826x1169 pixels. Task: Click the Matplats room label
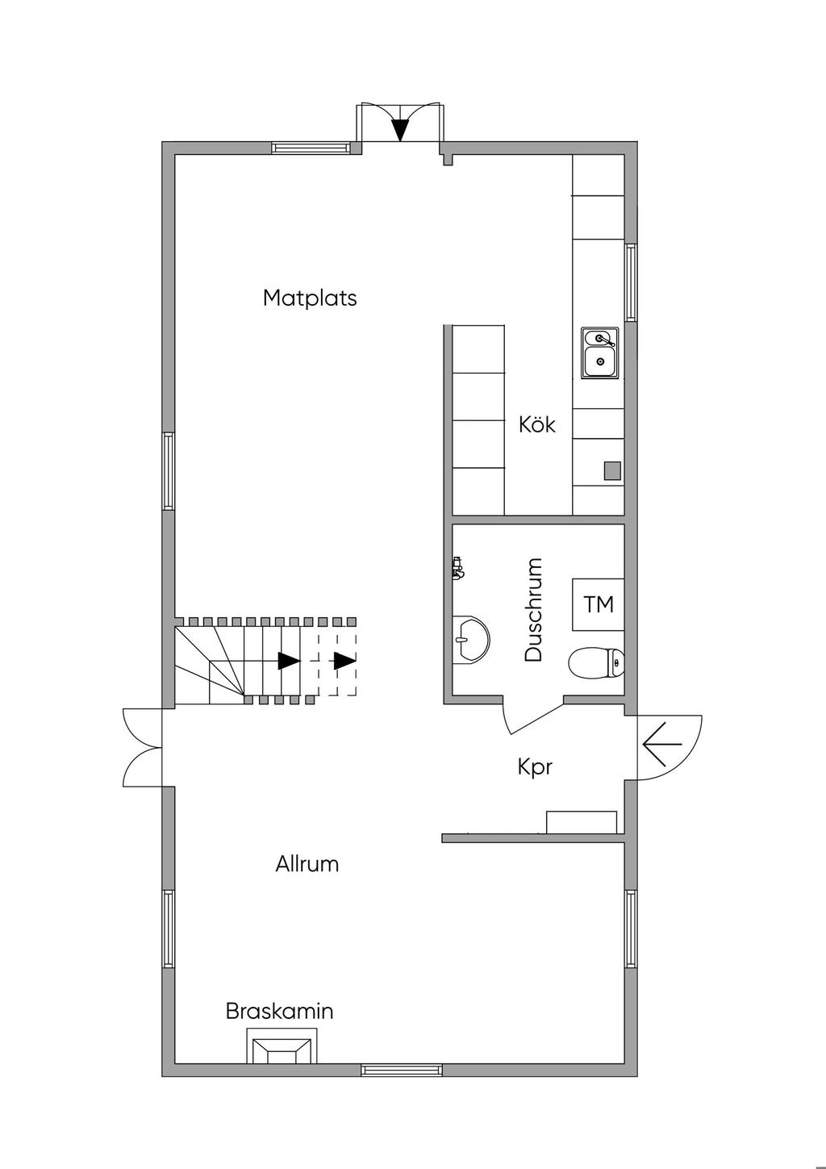tap(310, 298)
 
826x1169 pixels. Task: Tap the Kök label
tap(537, 424)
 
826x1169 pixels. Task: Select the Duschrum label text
tap(533, 610)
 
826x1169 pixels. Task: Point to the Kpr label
tap(535, 766)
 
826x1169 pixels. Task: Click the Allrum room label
tap(307, 864)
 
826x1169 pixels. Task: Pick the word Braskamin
tap(279, 1011)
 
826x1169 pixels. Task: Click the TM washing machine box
tap(599, 604)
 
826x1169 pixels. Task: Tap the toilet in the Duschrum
tap(597, 663)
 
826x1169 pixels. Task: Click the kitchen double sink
tap(599, 352)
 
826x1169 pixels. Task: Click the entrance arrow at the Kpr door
tap(662, 743)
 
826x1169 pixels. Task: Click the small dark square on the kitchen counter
tap(613, 470)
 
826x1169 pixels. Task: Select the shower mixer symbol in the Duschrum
tap(458, 568)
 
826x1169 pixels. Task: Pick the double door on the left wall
tap(144, 747)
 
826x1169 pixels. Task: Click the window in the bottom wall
tap(402, 1071)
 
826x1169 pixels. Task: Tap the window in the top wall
tap(311, 148)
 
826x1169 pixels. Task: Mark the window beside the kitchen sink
tap(631, 282)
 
